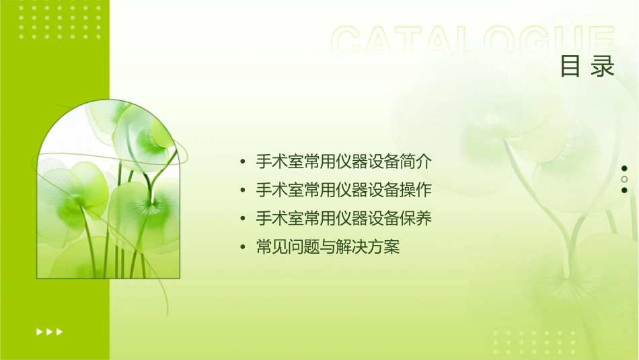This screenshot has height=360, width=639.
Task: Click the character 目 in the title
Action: (570, 67)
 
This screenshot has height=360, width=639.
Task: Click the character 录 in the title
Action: (603, 67)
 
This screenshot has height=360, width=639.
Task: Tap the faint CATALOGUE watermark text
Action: (473, 42)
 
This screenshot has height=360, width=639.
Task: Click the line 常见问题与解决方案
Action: (328, 248)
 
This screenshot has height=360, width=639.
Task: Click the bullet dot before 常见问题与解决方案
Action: (243, 248)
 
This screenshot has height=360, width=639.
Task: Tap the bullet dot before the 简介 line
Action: (243, 162)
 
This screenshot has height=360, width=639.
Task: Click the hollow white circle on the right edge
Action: (624, 180)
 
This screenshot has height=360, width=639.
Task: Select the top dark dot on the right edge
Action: (624, 168)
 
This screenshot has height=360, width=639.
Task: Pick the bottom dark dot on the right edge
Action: (624, 190)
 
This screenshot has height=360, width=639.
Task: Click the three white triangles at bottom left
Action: (49, 331)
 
